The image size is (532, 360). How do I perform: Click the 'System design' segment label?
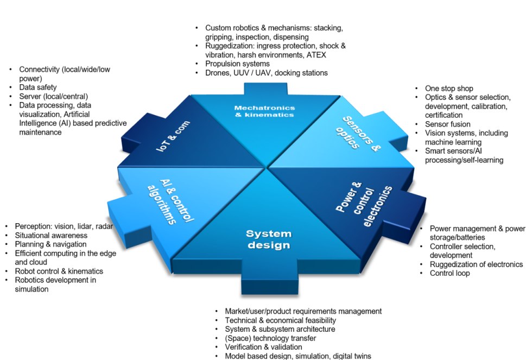[x=268, y=239]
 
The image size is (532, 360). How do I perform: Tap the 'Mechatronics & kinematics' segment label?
[x=264, y=111]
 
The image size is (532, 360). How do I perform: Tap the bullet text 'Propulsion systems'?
[x=237, y=64]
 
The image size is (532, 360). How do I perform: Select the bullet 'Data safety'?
[x=38, y=87]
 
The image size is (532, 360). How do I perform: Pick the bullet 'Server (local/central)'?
[x=53, y=96]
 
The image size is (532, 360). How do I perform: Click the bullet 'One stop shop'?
[x=449, y=89]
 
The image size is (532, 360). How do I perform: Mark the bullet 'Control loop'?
[x=449, y=273]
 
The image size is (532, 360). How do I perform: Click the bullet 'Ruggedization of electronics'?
[x=476, y=264]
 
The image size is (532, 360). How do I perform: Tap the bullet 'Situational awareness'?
[x=51, y=236]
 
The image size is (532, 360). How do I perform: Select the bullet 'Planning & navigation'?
[x=51, y=244]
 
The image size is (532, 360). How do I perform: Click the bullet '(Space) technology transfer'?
[x=270, y=338]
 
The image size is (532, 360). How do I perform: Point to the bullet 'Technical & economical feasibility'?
[x=280, y=320]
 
